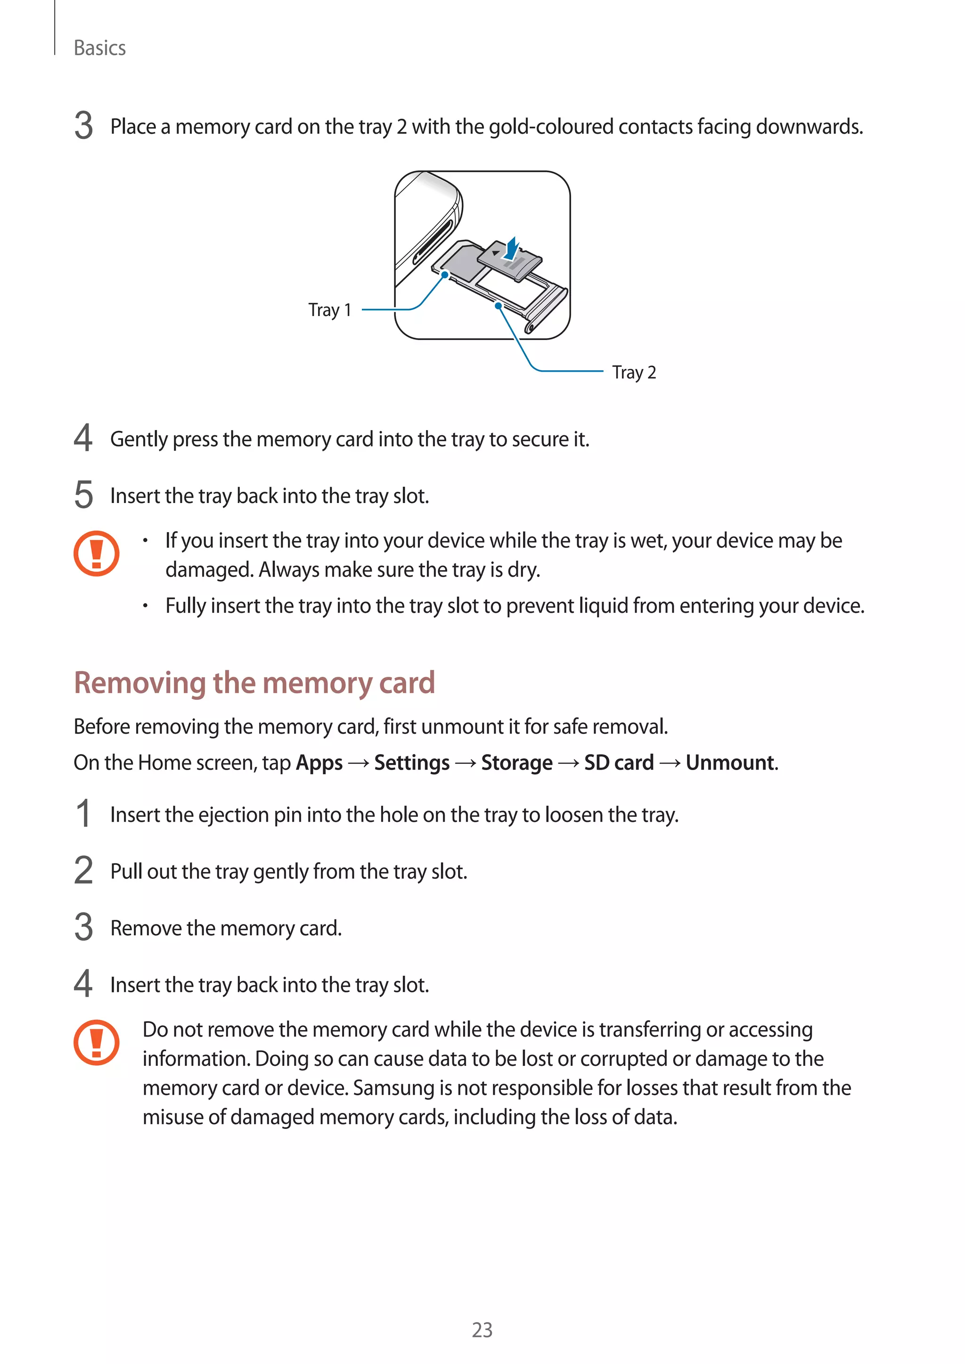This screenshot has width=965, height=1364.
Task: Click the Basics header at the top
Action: [99, 48]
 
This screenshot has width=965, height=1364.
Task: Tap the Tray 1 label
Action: [330, 310]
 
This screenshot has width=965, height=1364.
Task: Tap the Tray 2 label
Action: [634, 373]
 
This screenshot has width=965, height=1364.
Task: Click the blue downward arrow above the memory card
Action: [511, 248]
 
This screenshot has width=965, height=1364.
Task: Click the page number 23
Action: [482, 1330]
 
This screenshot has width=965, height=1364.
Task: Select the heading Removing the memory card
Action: [254, 682]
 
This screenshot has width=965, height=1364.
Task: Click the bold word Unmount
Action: [730, 763]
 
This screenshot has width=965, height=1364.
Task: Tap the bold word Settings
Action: [412, 763]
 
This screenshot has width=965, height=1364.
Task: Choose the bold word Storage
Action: [516, 763]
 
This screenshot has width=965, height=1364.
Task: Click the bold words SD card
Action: [619, 763]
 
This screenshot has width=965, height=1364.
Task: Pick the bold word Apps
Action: [319, 763]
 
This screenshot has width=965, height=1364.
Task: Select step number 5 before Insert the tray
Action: [84, 495]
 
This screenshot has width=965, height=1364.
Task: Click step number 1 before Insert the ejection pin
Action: [84, 814]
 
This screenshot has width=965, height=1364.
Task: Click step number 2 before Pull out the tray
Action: [84, 871]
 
